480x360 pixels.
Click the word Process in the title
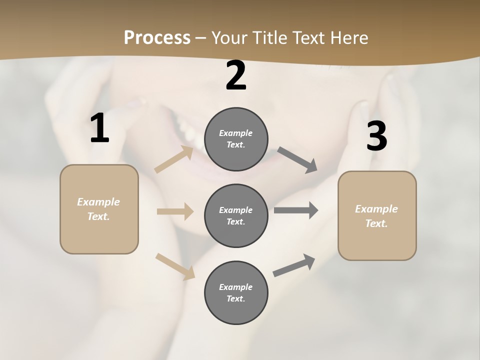pyautogui.click(x=157, y=37)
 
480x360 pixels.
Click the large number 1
pyautogui.click(x=99, y=128)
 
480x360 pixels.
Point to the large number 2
pyautogui.click(x=236, y=75)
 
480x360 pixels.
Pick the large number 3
pyautogui.click(x=376, y=136)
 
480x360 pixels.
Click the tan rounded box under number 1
pyautogui.click(x=99, y=209)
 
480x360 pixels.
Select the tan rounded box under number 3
pyautogui.click(x=377, y=216)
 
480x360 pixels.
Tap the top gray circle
pyautogui.click(x=236, y=139)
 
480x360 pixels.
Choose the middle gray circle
pyautogui.click(x=236, y=216)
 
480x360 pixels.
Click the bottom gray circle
pyautogui.click(x=236, y=293)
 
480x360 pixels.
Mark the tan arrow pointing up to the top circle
pyautogui.click(x=174, y=159)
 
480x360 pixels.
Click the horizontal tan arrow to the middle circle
pyautogui.click(x=175, y=211)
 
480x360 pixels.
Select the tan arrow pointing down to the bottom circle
pyautogui.click(x=175, y=266)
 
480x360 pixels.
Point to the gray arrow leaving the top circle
pyautogui.click(x=297, y=159)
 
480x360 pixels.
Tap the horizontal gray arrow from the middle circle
pyautogui.click(x=296, y=210)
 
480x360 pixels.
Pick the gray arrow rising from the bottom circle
pyautogui.click(x=294, y=265)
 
